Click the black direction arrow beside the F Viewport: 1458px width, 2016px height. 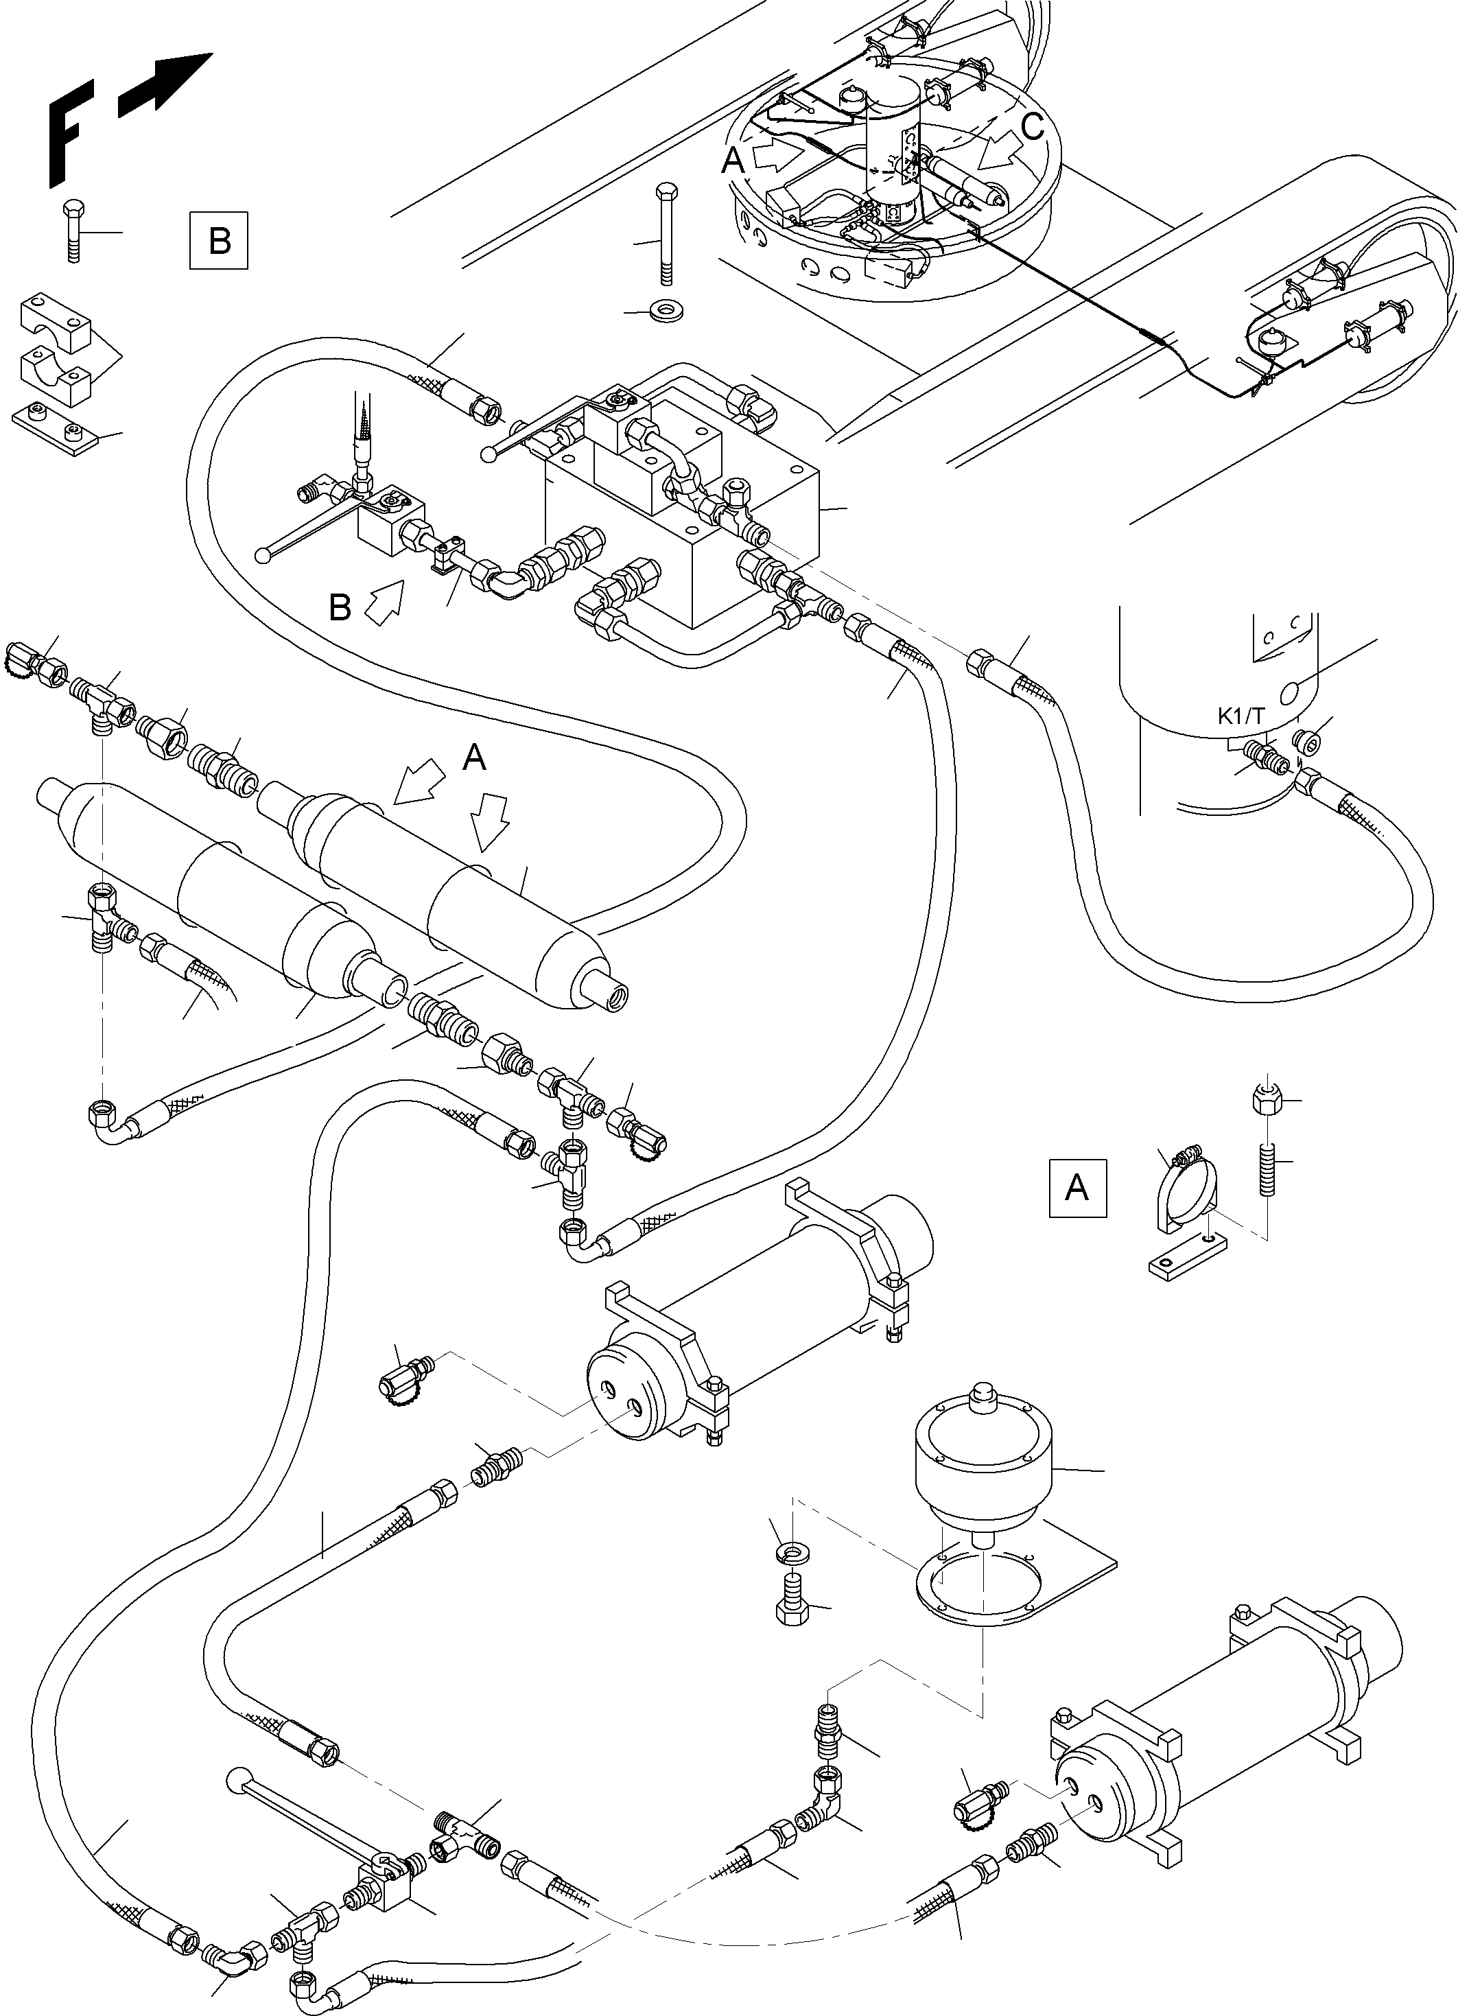[165, 84]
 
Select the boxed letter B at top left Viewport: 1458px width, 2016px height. [220, 240]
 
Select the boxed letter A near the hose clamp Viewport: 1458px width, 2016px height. [1077, 1186]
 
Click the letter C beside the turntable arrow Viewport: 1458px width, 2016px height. [1032, 127]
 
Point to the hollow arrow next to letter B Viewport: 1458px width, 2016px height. [385, 604]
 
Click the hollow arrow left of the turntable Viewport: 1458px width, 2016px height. [775, 157]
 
